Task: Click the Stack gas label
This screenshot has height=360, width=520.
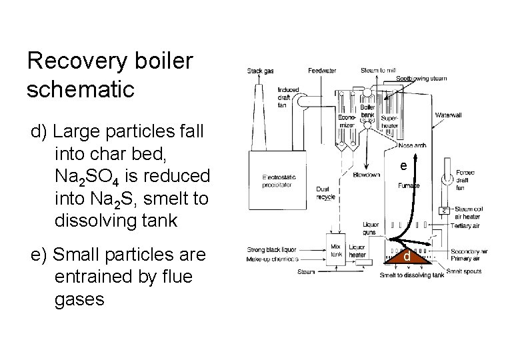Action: (x=260, y=71)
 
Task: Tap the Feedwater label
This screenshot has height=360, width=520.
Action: (x=322, y=71)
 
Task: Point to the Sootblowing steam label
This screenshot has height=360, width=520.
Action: (x=421, y=79)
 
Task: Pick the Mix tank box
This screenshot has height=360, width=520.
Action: (x=336, y=250)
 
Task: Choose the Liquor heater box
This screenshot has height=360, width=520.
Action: (x=357, y=251)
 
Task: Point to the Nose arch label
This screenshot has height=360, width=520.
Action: (x=411, y=146)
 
